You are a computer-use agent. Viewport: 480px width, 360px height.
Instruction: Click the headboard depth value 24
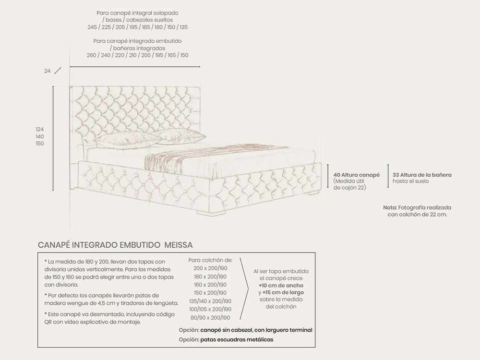point(47,71)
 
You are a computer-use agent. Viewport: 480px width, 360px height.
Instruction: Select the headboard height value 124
point(40,130)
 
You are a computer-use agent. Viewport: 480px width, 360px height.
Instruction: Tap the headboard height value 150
point(40,144)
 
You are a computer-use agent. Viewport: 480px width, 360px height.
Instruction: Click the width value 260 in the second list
point(92,55)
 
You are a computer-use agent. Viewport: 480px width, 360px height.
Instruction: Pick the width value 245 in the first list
point(92,27)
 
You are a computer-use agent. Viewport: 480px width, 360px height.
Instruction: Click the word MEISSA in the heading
point(179,245)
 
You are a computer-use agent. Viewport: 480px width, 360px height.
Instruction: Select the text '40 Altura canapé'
point(357,175)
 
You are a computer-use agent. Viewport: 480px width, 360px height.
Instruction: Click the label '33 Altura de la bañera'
point(422,175)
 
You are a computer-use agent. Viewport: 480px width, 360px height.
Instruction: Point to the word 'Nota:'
point(390,207)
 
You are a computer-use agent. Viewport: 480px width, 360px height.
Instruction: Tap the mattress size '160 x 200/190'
point(210,285)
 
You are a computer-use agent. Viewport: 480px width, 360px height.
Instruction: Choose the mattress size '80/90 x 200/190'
point(210,318)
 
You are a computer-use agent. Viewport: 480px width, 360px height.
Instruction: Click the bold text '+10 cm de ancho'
point(281,285)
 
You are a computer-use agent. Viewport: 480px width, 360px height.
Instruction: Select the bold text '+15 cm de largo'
point(283,292)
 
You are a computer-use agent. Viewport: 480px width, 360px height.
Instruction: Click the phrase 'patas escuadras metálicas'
point(237,339)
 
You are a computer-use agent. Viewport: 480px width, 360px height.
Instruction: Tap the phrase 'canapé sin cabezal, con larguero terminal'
point(256,330)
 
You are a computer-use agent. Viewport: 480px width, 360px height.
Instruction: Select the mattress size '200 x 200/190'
point(210,268)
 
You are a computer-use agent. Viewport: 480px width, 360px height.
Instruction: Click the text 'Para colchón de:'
point(210,260)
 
